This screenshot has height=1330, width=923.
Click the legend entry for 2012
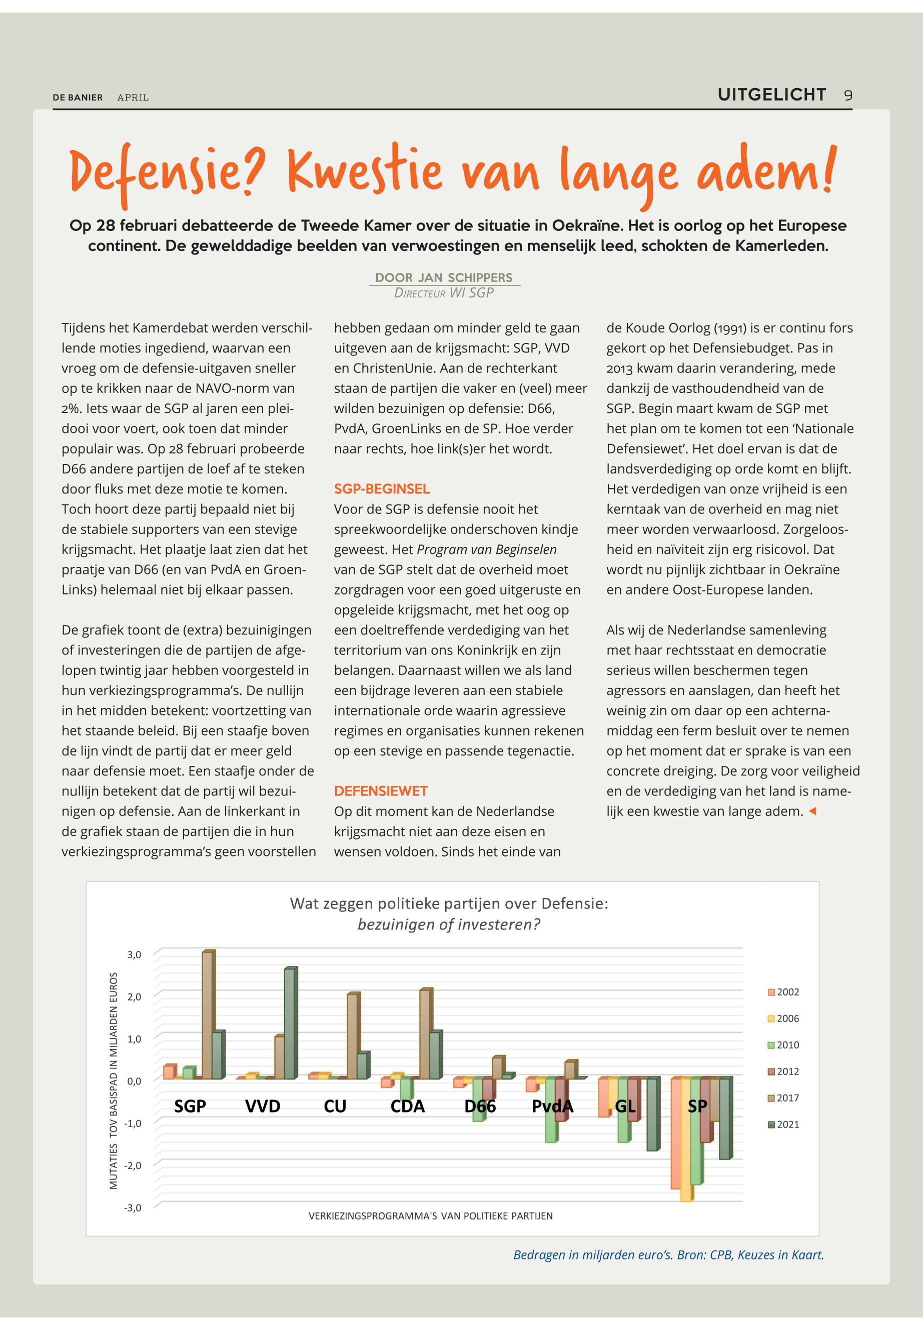[x=783, y=1071]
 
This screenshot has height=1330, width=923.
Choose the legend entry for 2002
[x=783, y=992]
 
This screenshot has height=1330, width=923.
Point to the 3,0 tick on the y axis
[x=134, y=955]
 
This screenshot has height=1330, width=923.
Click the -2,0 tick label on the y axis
[x=133, y=1165]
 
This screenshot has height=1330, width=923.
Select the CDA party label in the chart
[x=407, y=1106]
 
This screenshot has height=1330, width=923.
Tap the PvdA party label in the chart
[x=552, y=1106]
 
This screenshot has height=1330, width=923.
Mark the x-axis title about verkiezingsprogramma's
[x=430, y=1216]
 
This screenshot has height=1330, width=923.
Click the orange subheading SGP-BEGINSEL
[x=382, y=489]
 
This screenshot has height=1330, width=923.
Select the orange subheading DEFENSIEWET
[x=381, y=791]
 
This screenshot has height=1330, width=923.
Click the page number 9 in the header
[x=848, y=95]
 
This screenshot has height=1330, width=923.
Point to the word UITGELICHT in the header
[x=771, y=95]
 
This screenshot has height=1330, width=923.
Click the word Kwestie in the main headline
[x=364, y=171]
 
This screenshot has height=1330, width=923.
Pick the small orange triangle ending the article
[x=812, y=811]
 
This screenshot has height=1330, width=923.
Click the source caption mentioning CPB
[x=668, y=1255]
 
